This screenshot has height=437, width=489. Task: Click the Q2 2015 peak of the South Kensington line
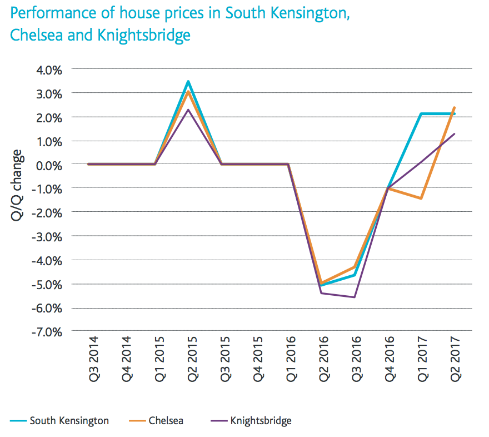189,82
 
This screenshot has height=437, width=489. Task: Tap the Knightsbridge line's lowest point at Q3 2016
355,297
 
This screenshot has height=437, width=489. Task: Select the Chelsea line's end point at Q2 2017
455,108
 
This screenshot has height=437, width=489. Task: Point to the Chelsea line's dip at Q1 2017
422,198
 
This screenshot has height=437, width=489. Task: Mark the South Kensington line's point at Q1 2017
422,114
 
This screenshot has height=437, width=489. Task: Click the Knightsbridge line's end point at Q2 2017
455,133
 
